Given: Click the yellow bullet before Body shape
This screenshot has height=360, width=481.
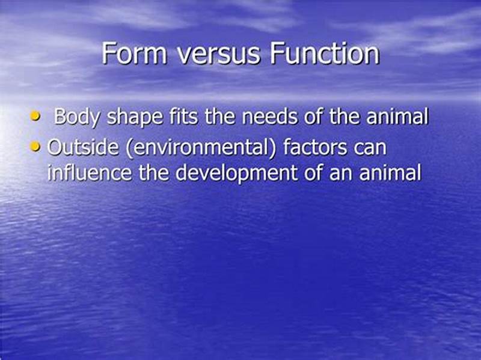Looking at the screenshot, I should (35, 116).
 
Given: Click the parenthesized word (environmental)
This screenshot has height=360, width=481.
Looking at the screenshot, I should (194, 148).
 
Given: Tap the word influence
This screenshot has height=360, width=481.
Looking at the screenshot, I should (88, 173).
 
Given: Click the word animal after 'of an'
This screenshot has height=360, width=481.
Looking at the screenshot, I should (390, 173).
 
